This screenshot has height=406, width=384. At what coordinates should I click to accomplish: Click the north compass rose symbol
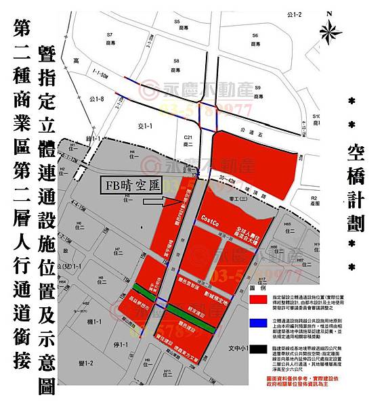[x=331, y=30]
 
